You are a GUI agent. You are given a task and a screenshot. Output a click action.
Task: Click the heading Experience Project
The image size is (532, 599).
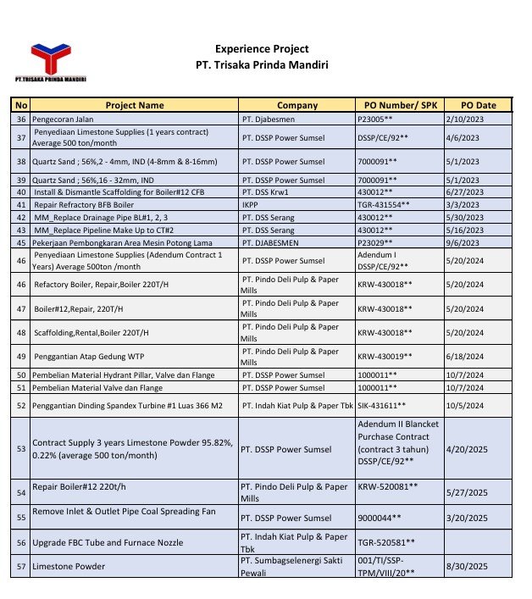[x=262, y=49]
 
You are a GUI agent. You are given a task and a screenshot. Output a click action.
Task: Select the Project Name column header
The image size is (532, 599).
[x=134, y=105]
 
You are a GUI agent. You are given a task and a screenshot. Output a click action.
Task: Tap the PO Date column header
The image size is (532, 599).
[x=478, y=105]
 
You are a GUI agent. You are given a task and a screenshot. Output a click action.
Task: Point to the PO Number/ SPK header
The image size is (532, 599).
[x=397, y=105]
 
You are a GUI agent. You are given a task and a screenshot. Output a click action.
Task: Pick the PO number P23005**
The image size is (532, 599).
[x=382, y=119]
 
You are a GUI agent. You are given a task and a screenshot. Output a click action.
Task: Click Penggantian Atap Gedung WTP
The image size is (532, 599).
[x=87, y=357]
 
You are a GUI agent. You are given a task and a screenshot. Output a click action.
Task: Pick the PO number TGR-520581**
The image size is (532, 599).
[x=386, y=542]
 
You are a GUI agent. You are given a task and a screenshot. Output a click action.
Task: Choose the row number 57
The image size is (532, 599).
[x=21, y=566]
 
